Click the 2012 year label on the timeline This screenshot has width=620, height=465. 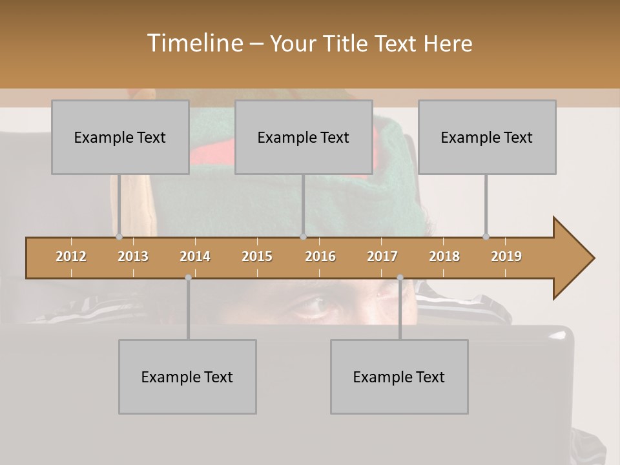tap(71, 256)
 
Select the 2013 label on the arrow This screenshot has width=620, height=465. tap(133, 256)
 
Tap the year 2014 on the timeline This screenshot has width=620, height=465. tap(195, 256)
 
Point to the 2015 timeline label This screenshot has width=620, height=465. tap(257, 256)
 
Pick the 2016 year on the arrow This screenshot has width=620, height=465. tap(320, 256)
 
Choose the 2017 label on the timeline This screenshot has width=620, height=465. tap(382, 256)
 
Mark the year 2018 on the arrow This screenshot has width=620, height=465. tap(444, 256)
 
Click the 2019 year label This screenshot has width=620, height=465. tap(506, 256)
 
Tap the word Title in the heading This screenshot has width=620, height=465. tap(347, 43)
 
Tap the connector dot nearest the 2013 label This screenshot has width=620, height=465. tap(119, 236)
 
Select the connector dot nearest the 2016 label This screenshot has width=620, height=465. tap(303, 236)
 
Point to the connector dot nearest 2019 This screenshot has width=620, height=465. tap(486, 236)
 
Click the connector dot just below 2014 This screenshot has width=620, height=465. tap(188, 278)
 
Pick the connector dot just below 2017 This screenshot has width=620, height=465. tap(400, 278)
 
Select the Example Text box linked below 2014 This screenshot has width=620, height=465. tap(187, 377)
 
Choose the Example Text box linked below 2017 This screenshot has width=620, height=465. tap(399, 377)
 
